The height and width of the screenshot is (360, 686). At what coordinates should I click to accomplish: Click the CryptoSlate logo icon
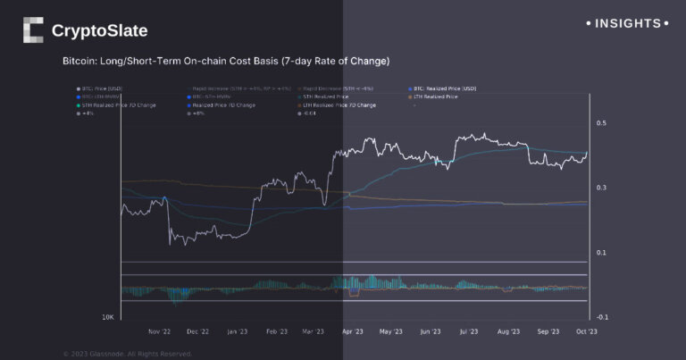32,30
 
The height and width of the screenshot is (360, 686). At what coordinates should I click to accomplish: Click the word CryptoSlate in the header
99,31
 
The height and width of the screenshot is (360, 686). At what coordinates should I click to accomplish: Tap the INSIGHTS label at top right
627,23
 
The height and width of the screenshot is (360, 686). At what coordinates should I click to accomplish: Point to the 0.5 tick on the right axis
602,122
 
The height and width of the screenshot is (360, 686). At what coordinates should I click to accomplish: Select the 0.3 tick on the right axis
602,188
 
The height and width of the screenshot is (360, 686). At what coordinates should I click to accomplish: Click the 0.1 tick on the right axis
602,253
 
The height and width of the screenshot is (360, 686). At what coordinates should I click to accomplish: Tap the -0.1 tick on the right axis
602,317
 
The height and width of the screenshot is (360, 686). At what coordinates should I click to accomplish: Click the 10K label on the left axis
106,317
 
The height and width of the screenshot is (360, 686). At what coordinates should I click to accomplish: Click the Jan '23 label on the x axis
238,331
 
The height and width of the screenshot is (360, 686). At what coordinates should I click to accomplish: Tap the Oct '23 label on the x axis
586,331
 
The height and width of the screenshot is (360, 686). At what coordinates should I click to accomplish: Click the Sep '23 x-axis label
548,331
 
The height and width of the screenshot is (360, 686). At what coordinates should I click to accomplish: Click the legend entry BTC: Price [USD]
105,89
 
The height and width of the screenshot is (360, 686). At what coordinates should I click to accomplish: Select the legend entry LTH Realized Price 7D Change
339,105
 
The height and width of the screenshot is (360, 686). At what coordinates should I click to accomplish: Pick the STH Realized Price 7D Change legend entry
118,105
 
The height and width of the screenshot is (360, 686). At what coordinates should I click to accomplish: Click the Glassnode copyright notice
127,354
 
